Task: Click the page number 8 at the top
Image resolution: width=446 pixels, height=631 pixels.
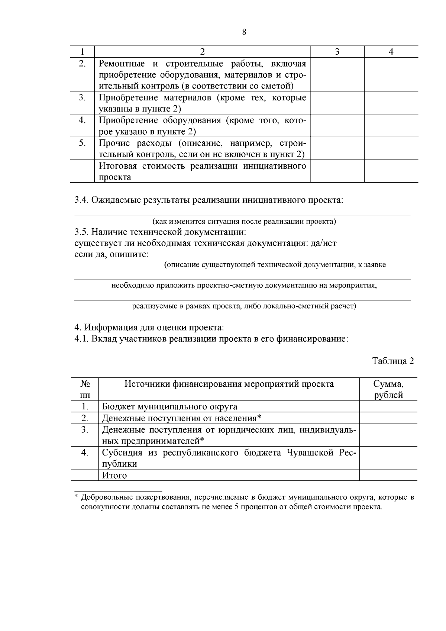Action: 244,32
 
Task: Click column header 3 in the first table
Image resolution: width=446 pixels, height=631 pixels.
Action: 337,52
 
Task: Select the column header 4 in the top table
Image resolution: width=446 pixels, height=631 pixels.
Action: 391,52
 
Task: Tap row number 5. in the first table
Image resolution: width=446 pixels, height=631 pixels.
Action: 82,143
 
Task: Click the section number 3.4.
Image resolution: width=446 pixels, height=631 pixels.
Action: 81,200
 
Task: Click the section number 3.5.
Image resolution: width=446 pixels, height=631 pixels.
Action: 81,232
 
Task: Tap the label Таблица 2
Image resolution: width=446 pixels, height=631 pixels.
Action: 393,361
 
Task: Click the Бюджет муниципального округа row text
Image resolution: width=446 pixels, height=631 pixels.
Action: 169,407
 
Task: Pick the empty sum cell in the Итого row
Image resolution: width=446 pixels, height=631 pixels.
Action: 388,476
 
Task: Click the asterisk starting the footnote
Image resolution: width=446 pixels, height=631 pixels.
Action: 76,497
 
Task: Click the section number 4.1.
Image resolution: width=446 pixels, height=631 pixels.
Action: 81,339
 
